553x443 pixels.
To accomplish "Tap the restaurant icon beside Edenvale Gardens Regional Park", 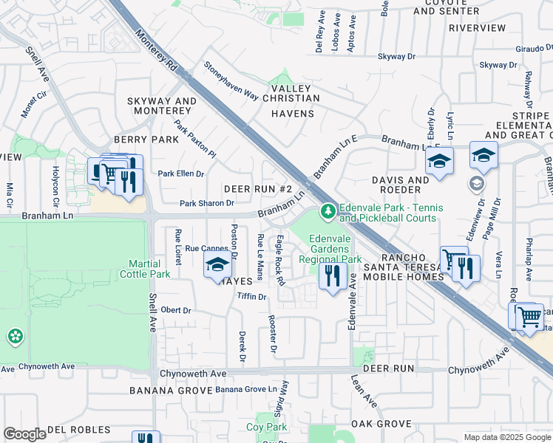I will pyautogui.click(x=332, y=276).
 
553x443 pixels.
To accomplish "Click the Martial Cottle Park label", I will pyautogui.click(x=150, y=269).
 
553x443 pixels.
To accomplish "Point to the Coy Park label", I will pyautogui.click(x=266, y=427).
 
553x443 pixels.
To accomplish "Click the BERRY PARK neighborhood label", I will pyautogui.click(x=146, y=140).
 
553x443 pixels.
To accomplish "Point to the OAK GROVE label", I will pyautogui.click(x=381, y=423).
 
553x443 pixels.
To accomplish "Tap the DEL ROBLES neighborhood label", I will pyautogui.click(x=78, y=429).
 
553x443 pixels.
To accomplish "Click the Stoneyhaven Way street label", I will pyautogui.click(x=231, y=81).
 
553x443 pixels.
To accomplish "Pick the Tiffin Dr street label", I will pyautogui.click(x=251, y=296).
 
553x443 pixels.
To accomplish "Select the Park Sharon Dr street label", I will pyautogui.click(x=207, y=203).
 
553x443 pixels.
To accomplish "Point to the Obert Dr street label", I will pyautogui.click(x=176, y=310).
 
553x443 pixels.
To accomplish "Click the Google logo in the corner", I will pyautogui.click(x=24, y=434).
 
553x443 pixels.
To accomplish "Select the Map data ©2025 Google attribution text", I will pyautogui.click(x=507, y=437).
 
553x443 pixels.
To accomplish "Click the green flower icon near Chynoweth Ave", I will pyautogui.click(x=15, y=337).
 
